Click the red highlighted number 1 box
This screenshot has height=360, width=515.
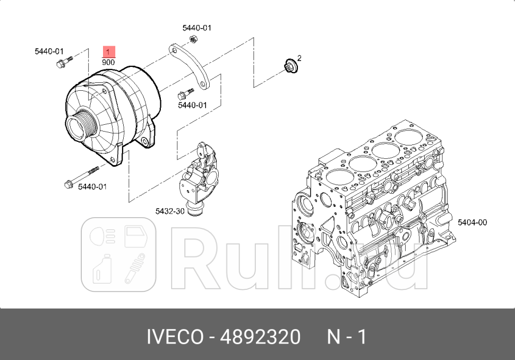coord(109,52)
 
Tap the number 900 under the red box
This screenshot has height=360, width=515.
coord(109,62)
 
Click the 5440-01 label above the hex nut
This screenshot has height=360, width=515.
coord(196,28)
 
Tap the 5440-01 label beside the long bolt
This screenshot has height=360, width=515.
coord(92,187)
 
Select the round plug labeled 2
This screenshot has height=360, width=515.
coord(290,67)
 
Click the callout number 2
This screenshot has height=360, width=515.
coord(299,58)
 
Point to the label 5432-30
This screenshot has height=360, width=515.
coord(169,211)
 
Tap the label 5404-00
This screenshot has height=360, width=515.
coord(472,222)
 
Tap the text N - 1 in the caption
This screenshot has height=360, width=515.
coord(346,337)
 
